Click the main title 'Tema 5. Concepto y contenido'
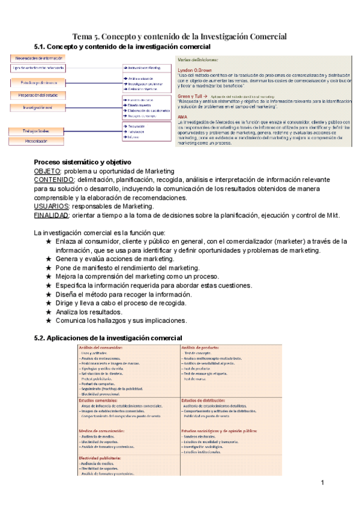click(179, 36)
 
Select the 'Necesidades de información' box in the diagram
click(35, 58)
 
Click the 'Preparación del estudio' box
click(35, 95)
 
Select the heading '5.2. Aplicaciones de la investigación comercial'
click(108, 338)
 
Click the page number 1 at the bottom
click(322, 483)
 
